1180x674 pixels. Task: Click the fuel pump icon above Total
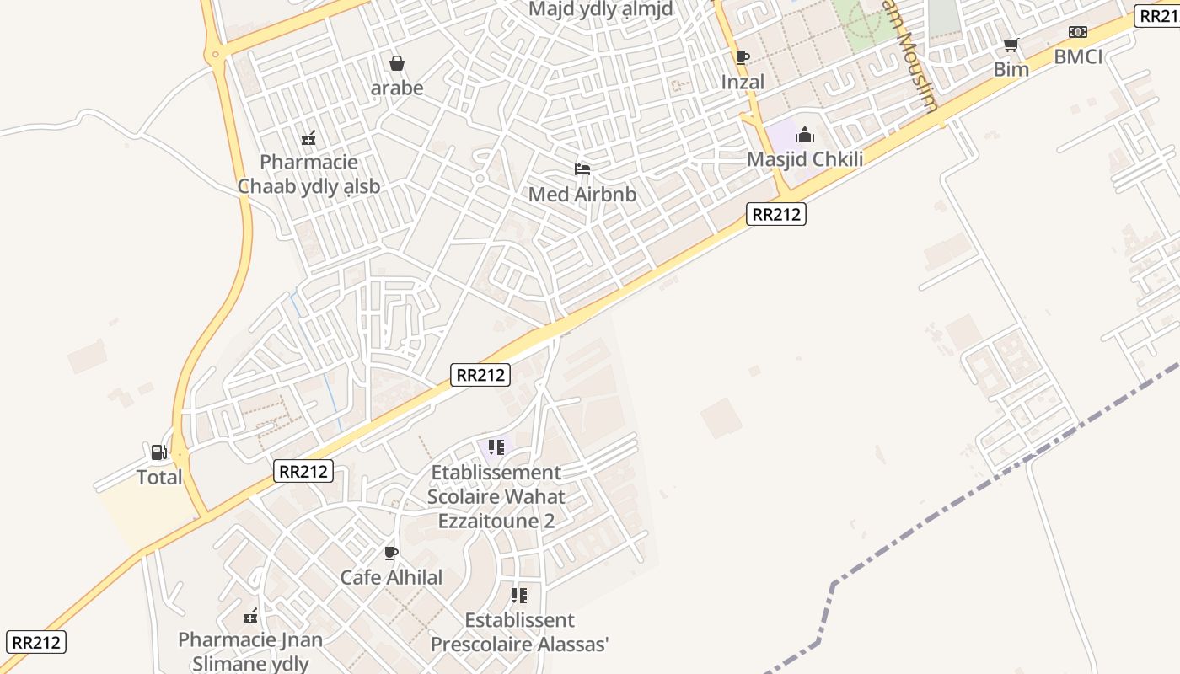158,452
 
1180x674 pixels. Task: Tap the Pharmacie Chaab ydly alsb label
308,174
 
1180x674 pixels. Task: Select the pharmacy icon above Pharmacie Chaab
308,137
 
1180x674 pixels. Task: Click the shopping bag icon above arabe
396,63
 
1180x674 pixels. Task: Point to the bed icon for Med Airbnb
582,169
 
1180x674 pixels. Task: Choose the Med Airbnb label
582,195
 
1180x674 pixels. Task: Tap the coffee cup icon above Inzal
742,57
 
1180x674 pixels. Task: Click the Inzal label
743,82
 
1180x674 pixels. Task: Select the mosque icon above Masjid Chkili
805,135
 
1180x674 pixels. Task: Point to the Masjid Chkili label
805,159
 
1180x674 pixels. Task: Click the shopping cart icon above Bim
1011,45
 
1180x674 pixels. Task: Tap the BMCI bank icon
1077,32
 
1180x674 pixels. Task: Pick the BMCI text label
1078,56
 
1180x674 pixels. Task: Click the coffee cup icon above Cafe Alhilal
390,553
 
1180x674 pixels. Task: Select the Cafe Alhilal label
391,577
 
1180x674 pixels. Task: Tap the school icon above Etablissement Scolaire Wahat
496,447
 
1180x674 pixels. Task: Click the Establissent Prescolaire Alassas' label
519,632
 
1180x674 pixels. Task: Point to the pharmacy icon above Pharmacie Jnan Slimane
250,616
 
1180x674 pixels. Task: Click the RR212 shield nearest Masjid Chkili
775,214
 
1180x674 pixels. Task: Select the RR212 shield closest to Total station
303,471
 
